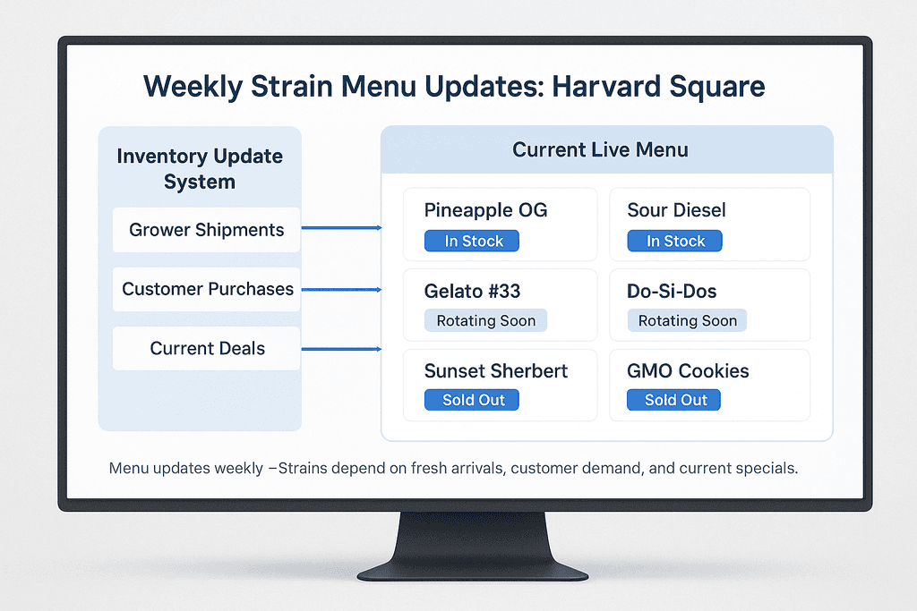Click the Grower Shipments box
pyautogui.click(x=206, y=230)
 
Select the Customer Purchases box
pyautogui.click(x=208, y=289)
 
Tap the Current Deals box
pyautogui.click(x=207, y=348)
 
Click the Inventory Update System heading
pyautogui.click(x=200, y=169)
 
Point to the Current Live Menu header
pyautogui.click(x=600, y=149)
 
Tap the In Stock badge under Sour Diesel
pyautogui.click(x=676, y=241)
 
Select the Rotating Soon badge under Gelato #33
pyautogui.click(x=485, y=320)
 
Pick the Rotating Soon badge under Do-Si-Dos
pyautogui.click(x=687, y=320)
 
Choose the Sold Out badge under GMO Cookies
pyautogui.click(x=676, y=400)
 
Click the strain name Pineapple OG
pyautogui.click(x=485, y=211)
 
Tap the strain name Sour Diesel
pyautogui.click(x=676, y=211)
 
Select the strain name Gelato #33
pyautogui.click(x=472, y=291)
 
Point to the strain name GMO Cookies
pyautogui.click(x=688, y=370)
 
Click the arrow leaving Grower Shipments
pyautogui.click(x=341, y=228)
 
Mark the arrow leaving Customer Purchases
pyautogui.click(x=341, y=289)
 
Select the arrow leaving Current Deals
pyautogui.click(x=341, y=349)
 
